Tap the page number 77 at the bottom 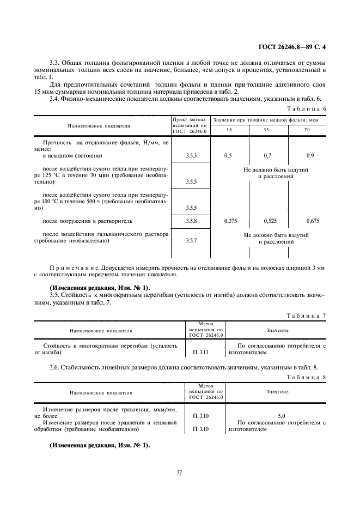179,472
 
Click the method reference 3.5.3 191,156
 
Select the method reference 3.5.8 191,221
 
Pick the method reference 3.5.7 191,241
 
